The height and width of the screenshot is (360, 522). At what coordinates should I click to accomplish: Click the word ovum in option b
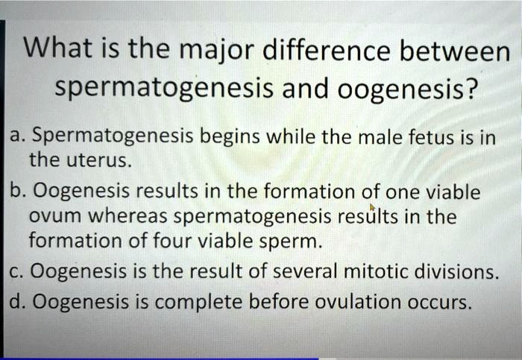[x=55, y=217]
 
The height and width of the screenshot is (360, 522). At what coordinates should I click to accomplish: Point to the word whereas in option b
[x=128, y=215]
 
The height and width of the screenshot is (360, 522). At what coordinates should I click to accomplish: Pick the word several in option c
[x=304, y=271]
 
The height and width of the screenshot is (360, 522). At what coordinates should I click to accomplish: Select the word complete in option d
[x=198, y=302]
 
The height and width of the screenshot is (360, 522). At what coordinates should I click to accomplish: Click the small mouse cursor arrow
[x=373, y=207]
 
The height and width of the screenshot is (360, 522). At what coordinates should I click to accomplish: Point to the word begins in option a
[x=230, y=137]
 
